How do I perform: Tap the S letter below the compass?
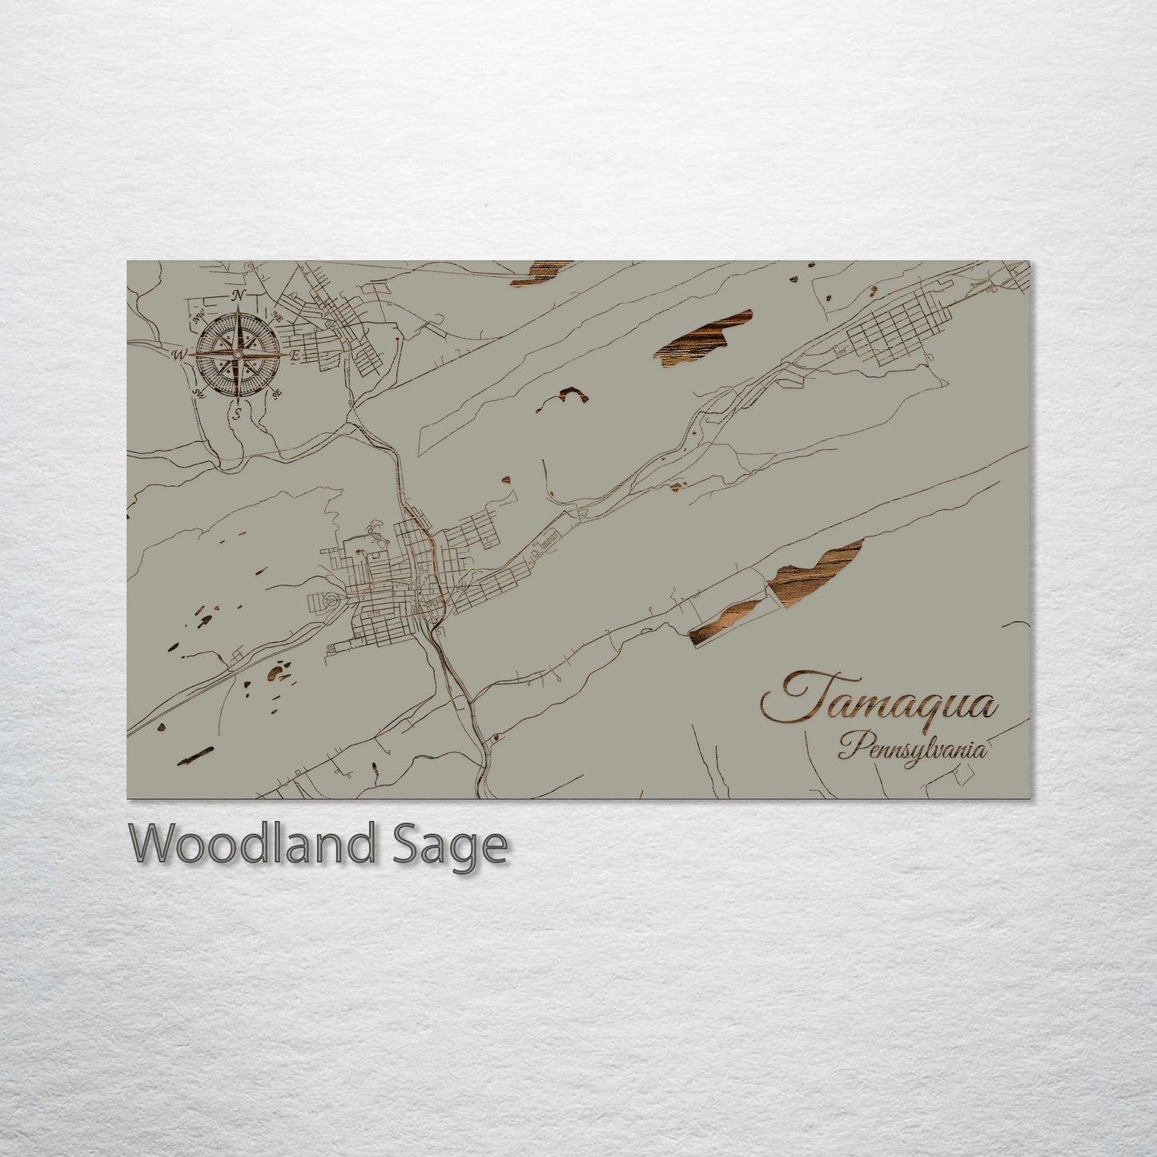pyautogui.click(x=238, y=413)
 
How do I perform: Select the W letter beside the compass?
pyautogui.click(x=181, y=354)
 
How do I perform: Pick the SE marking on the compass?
pyautogui.click(x=277, y=393)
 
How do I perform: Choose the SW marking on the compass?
pyautogui.click(x=198, y=393)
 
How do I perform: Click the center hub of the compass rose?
pyautogui.click(x=238, y=354)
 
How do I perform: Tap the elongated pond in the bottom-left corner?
pyautogui.click(x=195, y=755)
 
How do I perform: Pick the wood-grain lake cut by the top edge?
pyautogui.click(x=540, y=271)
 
